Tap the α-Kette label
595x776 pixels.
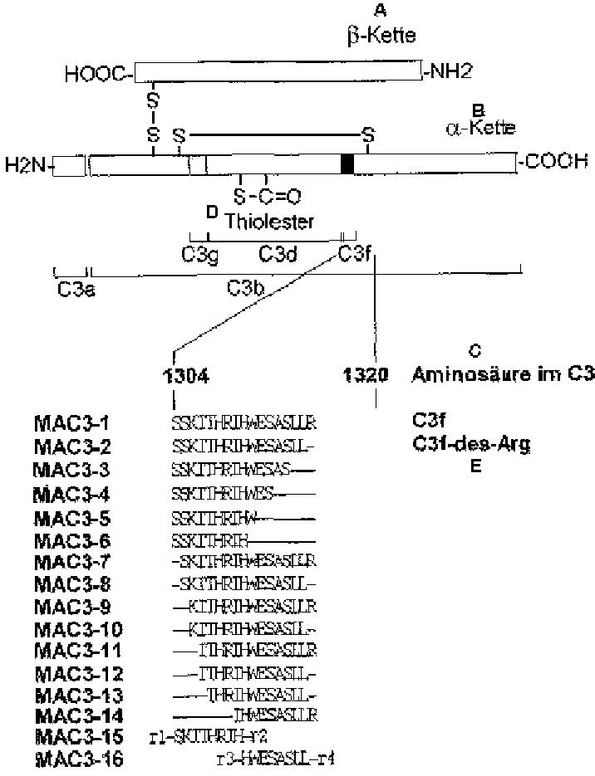479,128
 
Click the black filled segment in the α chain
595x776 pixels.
347,163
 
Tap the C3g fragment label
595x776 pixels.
200,252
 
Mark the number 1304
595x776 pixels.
186,375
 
